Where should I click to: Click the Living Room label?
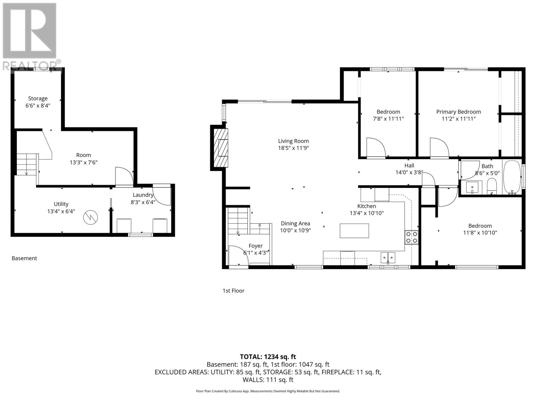pos(293,141)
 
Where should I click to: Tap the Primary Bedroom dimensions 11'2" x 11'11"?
pos(458,119)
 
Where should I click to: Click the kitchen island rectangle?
pos(354,230)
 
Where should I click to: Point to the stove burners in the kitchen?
pos(411,237)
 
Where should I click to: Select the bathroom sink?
pos(474,187)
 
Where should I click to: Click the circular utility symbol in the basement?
pos(91,217)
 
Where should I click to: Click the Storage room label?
pos(38,98)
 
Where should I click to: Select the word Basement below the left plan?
pos(24,258)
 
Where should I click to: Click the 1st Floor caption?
pos(233,290)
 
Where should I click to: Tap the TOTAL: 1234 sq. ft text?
pos(268,357)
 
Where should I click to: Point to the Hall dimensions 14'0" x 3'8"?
pos(409,173)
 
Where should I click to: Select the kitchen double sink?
pos(388,257)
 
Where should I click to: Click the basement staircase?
pos(27,164)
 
